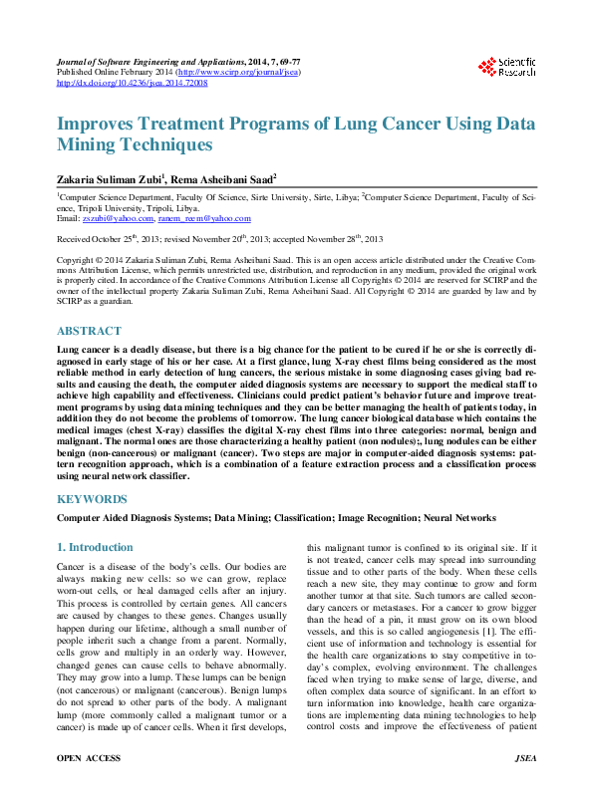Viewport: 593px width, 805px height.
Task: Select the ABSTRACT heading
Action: pyautogui.click(x=90, y=331)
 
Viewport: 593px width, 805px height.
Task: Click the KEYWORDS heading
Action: pyautogui.click(x=92, y=498)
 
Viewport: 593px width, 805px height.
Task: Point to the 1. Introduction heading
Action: pyautogui.click(x=95, y=547)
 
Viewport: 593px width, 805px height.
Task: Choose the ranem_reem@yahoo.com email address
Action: pyautogui.click(x=210, y=217)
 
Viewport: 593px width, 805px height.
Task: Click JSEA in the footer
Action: pyautogui.click(x=525, y=787)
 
